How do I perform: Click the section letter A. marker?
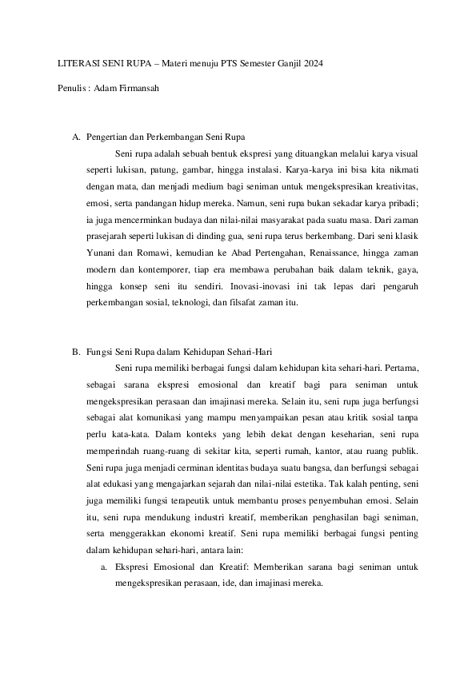point(76,137)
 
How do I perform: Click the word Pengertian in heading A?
point(108,137)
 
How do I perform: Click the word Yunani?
point(101,254)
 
